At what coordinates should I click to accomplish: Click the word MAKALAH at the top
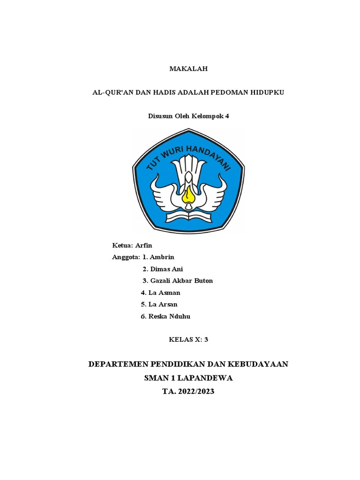pos(187,69)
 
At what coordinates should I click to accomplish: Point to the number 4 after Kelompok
pos(227,116)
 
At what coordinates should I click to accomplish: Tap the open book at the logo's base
pos(188,217)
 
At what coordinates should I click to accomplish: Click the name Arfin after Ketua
pos(144,246)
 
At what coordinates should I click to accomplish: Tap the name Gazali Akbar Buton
pos(181,281)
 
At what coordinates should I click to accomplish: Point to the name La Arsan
pos(163,304)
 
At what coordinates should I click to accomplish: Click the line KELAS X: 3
pos(187,340)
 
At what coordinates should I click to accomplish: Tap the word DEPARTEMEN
pos(117,364)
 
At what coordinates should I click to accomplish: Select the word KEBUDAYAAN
pos(255,364)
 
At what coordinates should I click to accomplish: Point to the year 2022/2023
pos(195,391)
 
